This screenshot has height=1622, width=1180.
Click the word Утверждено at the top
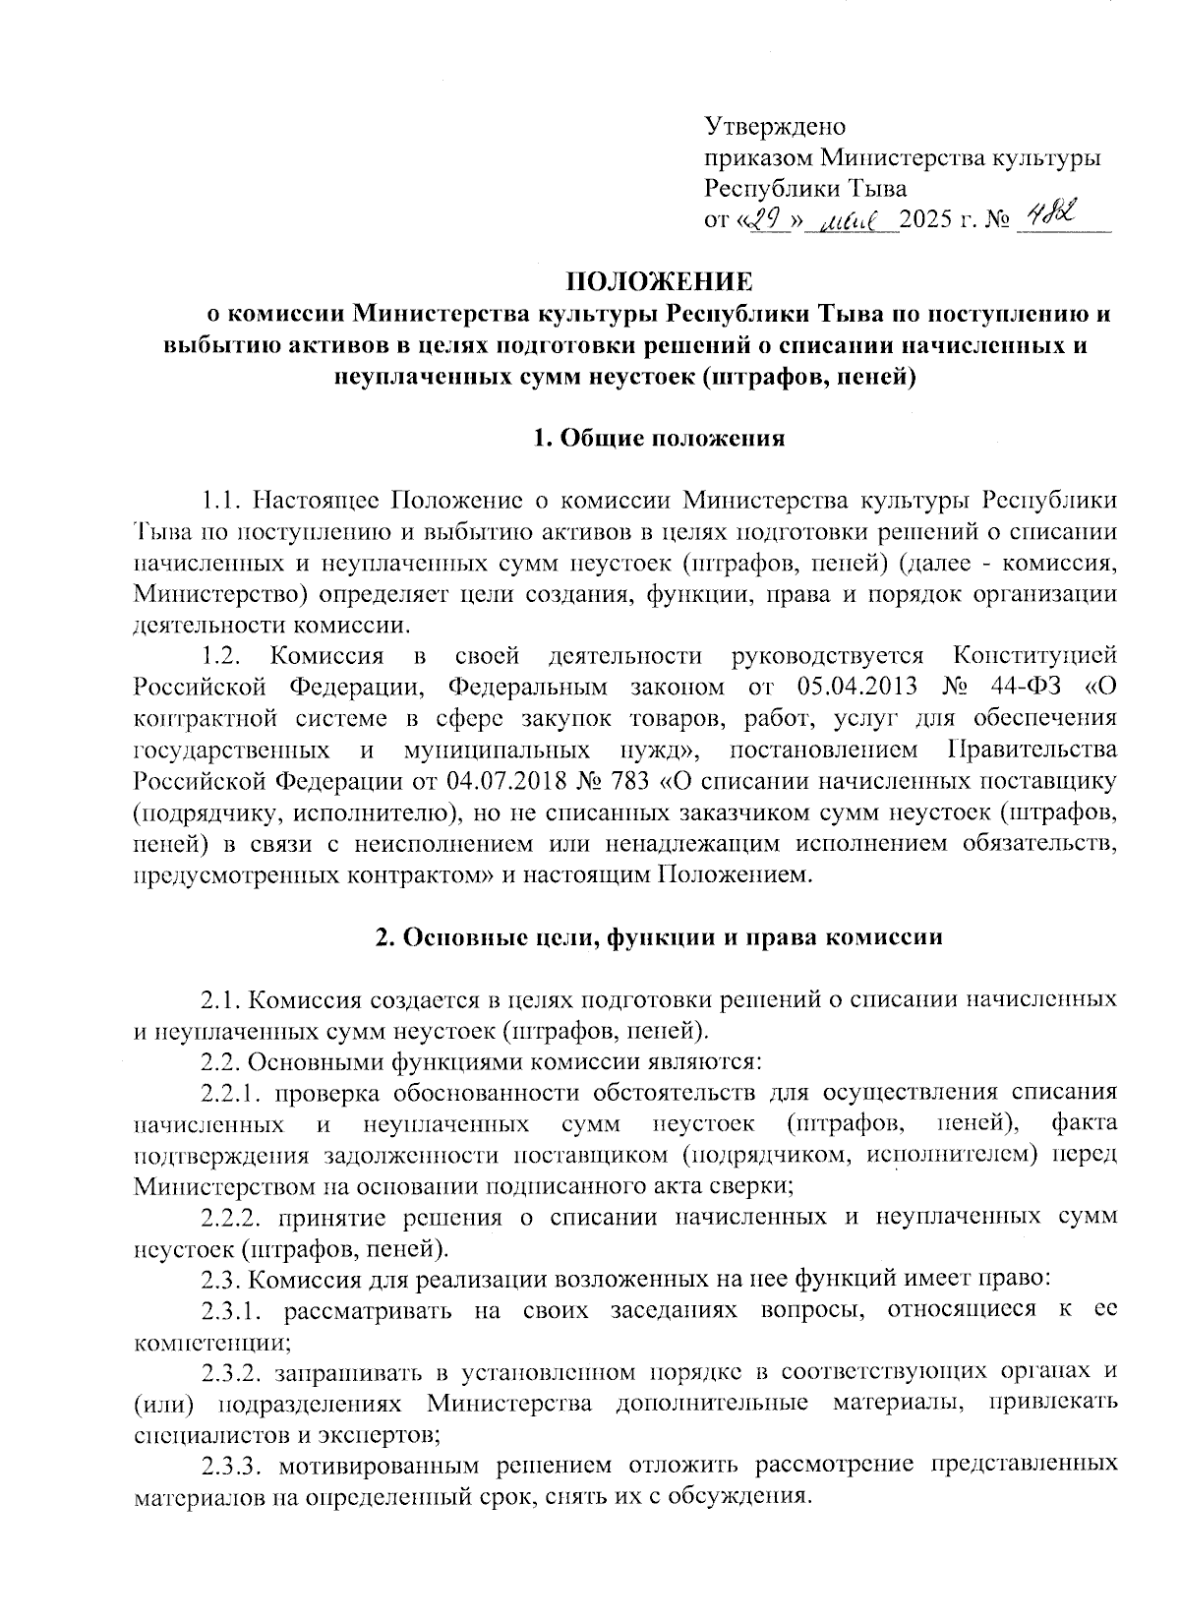[775, 127]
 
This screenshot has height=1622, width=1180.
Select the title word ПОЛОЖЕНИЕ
[659, 282]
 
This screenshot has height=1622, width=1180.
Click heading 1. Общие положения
[659, 439]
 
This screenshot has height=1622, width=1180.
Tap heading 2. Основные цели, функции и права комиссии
[659, 937]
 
